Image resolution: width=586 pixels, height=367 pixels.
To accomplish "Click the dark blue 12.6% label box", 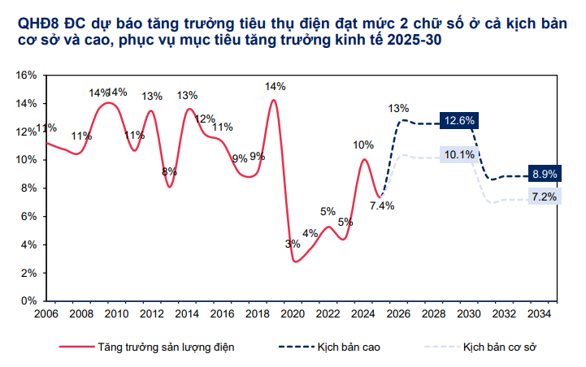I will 459,121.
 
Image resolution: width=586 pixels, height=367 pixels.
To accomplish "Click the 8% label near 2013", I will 169,172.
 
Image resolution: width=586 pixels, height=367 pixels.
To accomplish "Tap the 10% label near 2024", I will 362,145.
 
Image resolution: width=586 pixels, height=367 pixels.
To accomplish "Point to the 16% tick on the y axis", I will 26,75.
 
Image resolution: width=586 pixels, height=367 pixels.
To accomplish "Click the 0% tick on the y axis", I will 28,301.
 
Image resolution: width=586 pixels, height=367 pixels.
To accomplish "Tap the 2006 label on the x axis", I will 46,313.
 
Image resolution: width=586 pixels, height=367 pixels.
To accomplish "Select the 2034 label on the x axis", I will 540,313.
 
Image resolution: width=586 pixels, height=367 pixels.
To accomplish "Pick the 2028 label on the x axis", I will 434,313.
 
